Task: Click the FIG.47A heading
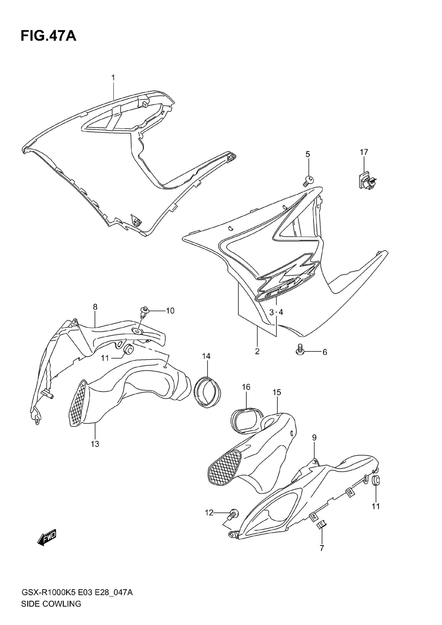pos(48,36)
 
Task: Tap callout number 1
pos(113,78)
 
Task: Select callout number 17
pos(364,152)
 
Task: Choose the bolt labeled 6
pos(300,349)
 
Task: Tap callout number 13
pos(95,444)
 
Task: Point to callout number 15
pos(277,392)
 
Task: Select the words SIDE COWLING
pos(51,611)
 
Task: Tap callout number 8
pos(95,307)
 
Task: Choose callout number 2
pos(257,351)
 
